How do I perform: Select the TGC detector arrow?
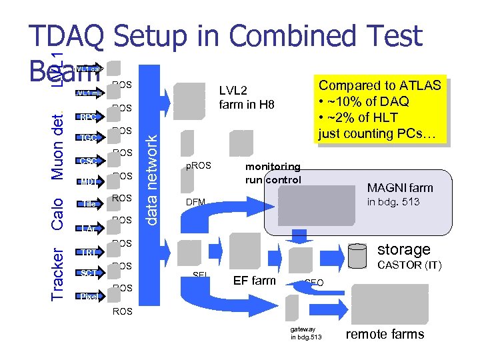point(87,139)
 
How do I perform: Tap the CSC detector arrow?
point(87,161)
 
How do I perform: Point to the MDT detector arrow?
point(87,181)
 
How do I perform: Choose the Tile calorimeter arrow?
point(87,204)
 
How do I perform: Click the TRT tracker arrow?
point(87,252)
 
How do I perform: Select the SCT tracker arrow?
point(87,273)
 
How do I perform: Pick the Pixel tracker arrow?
point(88,296)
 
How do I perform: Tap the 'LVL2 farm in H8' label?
point(247,97)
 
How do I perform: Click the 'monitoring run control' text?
point(273,173)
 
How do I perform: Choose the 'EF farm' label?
point(254,281)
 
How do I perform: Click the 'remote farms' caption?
point(385,334)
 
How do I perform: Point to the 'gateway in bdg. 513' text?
point(306,333)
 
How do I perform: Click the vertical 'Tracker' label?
point(58,273)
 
